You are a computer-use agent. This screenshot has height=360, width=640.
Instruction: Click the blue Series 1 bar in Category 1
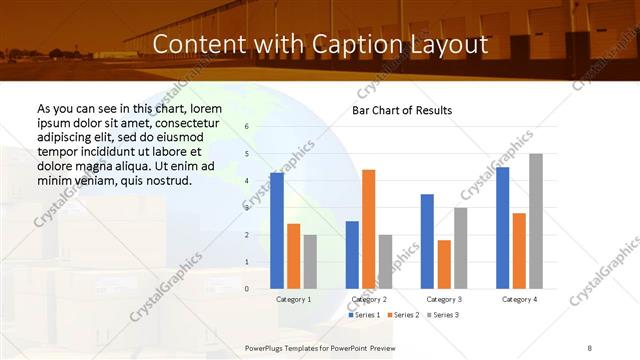click(x=277, y=231)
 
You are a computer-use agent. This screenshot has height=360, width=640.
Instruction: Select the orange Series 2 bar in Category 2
click(x=369, y=229)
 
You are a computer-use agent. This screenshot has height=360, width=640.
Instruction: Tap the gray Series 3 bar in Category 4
click(x=536, y=221)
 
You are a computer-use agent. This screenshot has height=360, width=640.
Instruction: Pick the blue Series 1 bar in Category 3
click(x=427, y=241)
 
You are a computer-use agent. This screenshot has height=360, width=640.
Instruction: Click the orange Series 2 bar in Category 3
click(x=444, y=264)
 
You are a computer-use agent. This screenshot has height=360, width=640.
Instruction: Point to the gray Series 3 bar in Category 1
click(x=310, y=262)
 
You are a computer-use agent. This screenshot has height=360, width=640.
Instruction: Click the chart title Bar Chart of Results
click(x=402, y=110)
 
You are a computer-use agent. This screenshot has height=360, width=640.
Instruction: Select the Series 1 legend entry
click(x=365, y=315)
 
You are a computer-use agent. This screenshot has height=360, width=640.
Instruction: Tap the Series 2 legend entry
click(x=404, y=315)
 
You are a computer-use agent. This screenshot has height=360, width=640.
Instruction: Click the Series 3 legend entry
click(x=443, y=315)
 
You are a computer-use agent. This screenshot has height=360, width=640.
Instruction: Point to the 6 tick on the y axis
click(x=247, y=127)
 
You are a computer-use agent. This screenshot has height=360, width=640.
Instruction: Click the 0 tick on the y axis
click(x=247, y=289)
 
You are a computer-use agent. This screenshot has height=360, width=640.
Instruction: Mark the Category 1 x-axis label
click(x=293, y=299)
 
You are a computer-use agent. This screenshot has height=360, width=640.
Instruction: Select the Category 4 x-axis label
click(x=519, y=299)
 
